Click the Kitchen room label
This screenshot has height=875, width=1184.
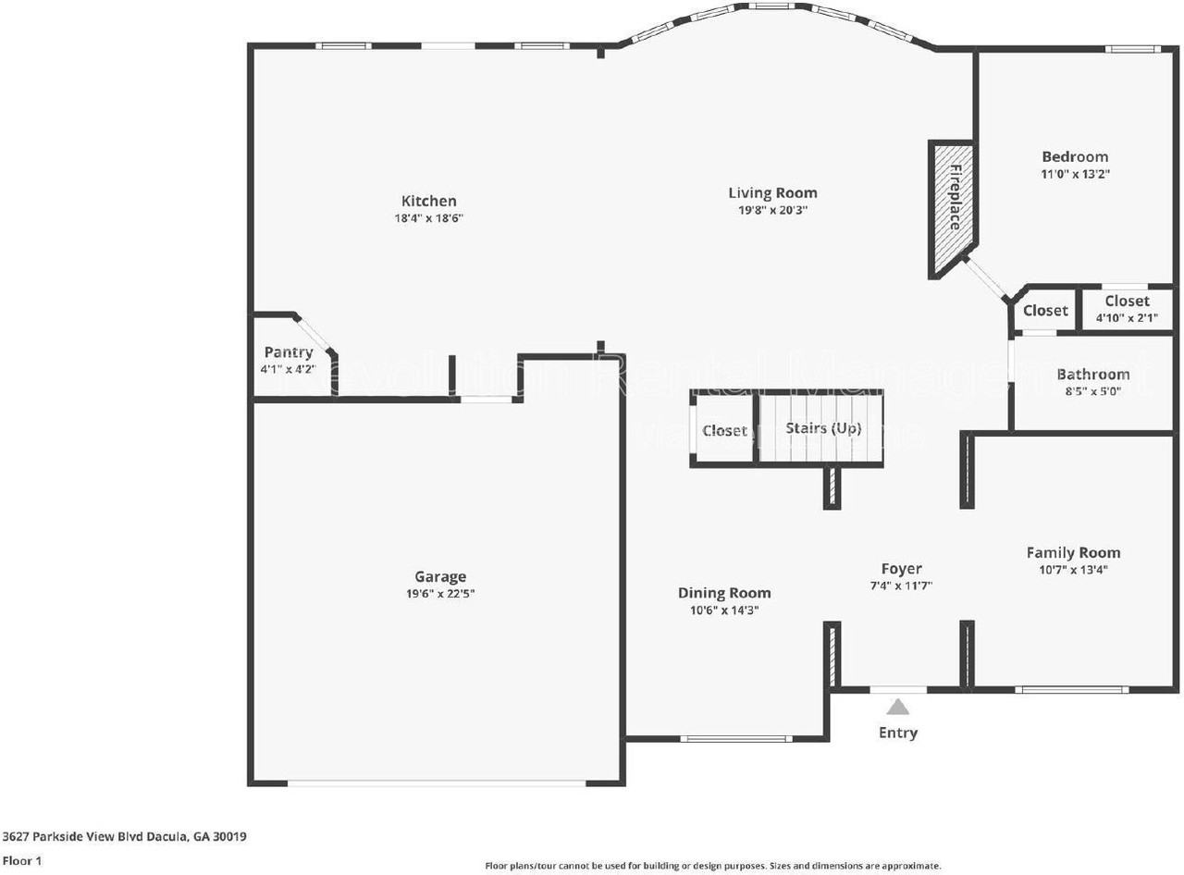point(428,201)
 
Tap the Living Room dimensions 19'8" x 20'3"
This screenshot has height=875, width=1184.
point(772,210)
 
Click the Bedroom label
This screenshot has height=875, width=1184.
point(1075,156)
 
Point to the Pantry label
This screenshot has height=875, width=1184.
point(289,352)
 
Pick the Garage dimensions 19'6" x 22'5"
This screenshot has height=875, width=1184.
point(439,594)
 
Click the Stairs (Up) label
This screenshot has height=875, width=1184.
point(823,428)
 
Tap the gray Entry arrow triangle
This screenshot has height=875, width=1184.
point(898,708)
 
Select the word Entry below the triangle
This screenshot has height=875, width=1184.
point(898,733)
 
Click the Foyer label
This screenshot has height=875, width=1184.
point(901,569)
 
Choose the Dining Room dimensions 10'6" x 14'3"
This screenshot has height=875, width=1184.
point(724,610)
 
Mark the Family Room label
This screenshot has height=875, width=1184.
point(1073,552)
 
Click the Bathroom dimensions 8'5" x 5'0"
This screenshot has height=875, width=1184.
point(1093,391)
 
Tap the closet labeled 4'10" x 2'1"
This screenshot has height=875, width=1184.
point(1127,309)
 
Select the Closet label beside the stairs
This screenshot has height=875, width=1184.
point(724,431)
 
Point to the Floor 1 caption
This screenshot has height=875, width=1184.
point(22,860)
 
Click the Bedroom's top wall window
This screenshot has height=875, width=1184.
point(1133,48)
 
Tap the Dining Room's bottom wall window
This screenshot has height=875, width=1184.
point(736,738)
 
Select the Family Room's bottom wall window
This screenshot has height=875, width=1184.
point(1071,689)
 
